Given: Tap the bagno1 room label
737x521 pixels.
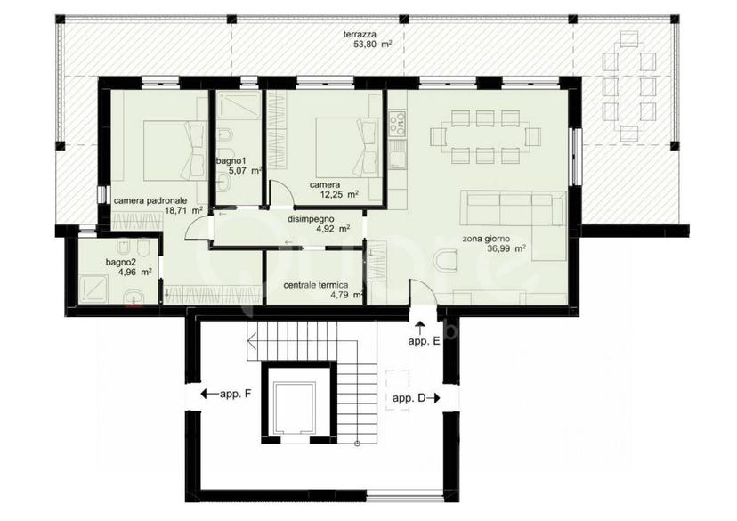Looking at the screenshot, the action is (x=229, y=161).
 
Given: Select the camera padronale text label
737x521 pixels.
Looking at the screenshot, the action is (x=150, y=200).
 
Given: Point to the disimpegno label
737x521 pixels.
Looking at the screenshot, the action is (x=311, y=219).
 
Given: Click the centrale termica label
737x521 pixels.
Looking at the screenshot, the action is (x=316, y=285).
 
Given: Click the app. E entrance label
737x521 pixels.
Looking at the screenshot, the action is (x=424, y=342).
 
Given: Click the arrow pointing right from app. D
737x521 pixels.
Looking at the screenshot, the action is (x=433, y=398).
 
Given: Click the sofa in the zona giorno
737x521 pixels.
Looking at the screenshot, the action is (x=513, y=208).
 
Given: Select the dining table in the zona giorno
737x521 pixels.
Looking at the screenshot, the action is (x=485, y=136).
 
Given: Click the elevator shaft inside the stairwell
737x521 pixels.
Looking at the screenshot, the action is (x=295, y=405).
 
